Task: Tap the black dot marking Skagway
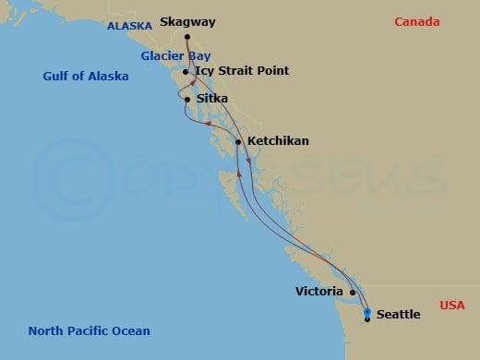pos(187,37)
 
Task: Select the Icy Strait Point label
pos(242,71)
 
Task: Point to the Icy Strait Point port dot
pos(186,72)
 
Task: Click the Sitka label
pos(211,99)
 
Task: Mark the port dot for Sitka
pos(187,99)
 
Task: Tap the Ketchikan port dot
pos(238,142)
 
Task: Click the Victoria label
pos(320,291)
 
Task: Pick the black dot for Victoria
pos(353,292)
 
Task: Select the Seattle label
pos(398,315)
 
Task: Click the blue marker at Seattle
pos(367,314)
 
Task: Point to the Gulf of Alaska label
pos(85,77)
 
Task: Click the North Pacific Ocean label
pos(89,330)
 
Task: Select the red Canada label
pos(417,22)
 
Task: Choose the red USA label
pos(452,305)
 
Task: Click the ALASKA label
pos(129,26)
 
